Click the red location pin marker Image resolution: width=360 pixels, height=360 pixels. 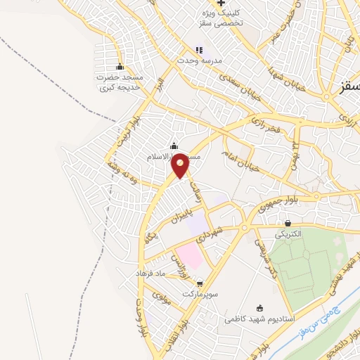point(180,165)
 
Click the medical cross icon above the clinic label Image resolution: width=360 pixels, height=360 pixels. point(221,4)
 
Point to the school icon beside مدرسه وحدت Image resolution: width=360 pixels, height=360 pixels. point(199,50)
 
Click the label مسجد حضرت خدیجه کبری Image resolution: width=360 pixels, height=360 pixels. point(121,82)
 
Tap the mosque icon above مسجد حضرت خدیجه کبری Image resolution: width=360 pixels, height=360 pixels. point(121,66)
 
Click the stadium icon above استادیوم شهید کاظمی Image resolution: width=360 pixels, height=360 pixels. point(260,308)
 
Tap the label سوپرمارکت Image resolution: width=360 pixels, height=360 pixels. point(198,293)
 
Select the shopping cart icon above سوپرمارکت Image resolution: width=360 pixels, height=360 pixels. point(200,283)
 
